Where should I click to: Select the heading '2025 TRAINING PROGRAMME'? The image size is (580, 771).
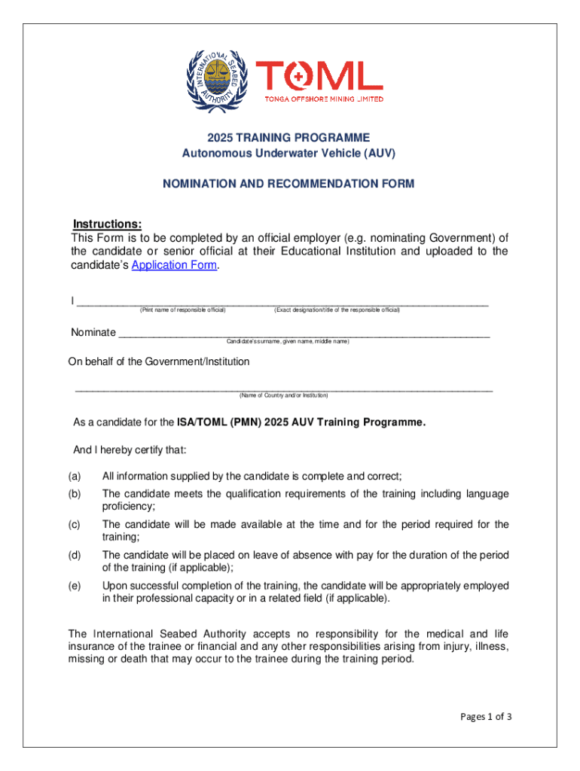coord(289,138)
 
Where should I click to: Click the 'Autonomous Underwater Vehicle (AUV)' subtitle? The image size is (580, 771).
coord(289,153)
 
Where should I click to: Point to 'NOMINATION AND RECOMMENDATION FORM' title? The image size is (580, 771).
coord(289,184)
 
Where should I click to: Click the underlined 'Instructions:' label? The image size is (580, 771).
coord(107,224)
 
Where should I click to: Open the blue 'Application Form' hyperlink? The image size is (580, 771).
coord(175,265)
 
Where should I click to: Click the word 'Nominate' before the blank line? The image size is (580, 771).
coord(93,332)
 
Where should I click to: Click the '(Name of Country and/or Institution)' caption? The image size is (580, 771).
coord(283,395)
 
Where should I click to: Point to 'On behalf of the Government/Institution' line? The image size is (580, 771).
coord(159,361)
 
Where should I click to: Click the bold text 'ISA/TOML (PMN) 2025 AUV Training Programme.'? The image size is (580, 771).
coord(301,422)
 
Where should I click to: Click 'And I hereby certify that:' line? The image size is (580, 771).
coord(129,449)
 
